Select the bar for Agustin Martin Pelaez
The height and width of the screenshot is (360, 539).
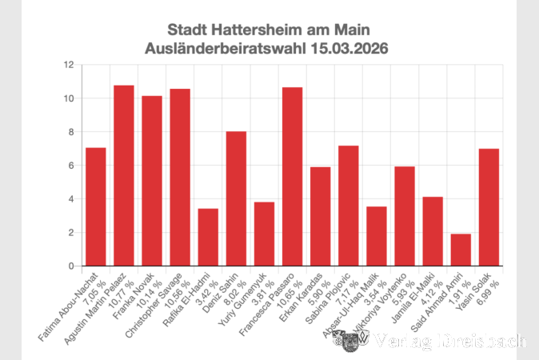(124, 175)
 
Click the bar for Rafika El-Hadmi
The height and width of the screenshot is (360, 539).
(208, 237)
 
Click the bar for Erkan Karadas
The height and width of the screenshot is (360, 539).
(320, 216)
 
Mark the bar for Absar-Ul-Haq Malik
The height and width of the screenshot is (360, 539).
(377, 236)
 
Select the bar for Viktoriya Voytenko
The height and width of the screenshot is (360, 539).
(405, 216)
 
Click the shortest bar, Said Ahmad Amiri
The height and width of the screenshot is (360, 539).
(461, 250)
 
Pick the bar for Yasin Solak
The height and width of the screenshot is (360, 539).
(489, 207)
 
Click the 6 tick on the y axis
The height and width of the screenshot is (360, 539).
(72, 166)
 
